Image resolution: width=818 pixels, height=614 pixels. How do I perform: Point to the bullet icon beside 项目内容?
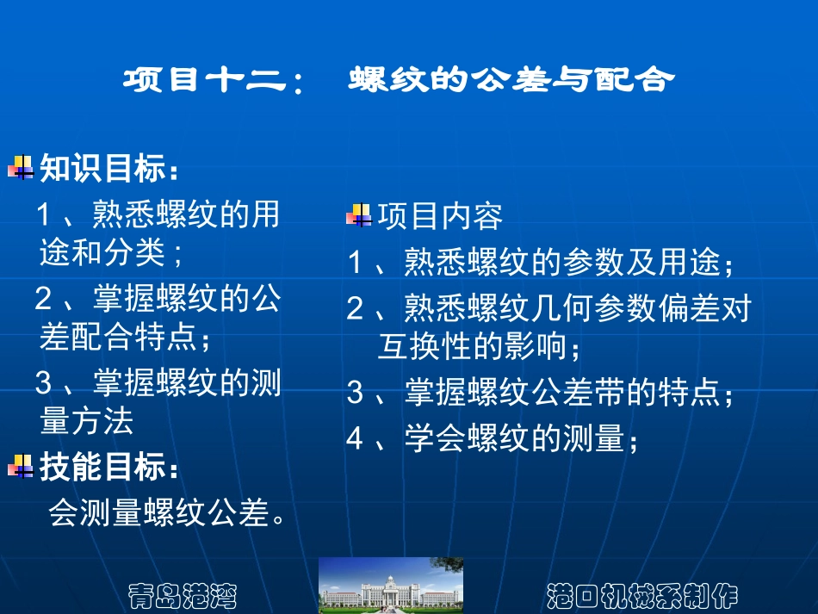(x=359, y=214)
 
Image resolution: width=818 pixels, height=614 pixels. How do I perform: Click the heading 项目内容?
(x=440, y=216)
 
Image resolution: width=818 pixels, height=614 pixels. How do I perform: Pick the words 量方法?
(x=87, y=421)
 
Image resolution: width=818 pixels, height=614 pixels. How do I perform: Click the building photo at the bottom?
(x=391, y=585)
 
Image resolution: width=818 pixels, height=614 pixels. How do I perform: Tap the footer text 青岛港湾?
(x=182, y=594)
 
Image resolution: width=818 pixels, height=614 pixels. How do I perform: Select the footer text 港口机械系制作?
(x=642, y=594)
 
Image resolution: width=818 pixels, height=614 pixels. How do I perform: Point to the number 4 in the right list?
(x=355, y=439)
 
